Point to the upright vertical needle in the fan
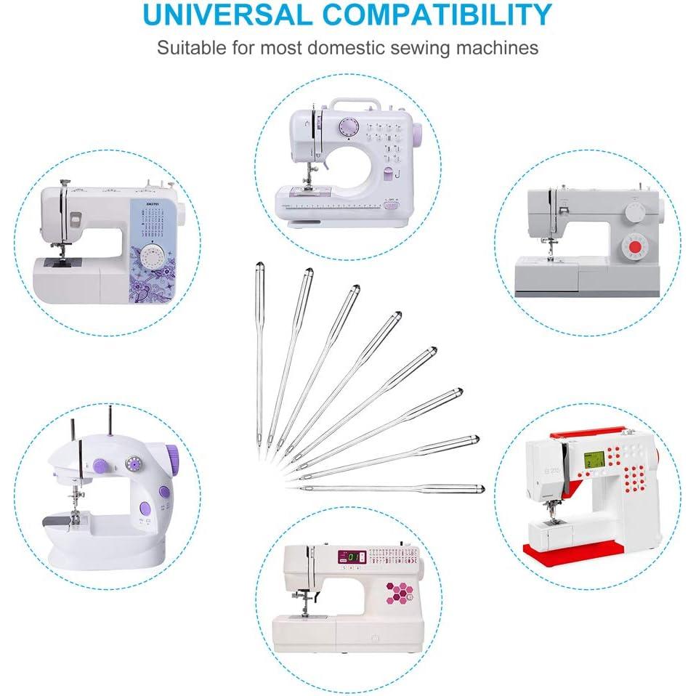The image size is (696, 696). point(258,356)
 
